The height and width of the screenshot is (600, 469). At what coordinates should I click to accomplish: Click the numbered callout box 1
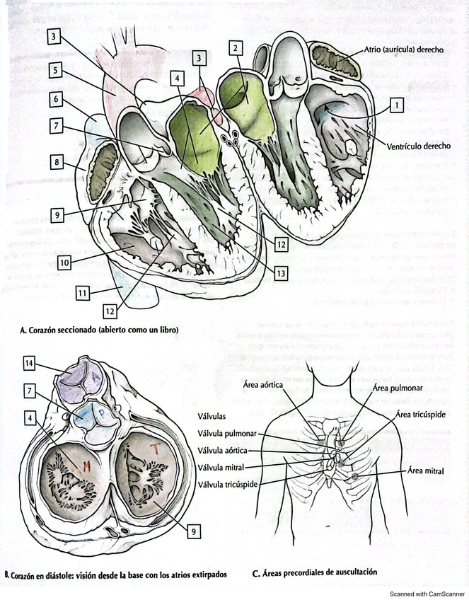(x=397, y=105)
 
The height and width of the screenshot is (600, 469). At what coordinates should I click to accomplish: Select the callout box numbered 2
(x=236, y=48)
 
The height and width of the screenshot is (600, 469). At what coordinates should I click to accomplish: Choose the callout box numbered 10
(x=64, y=262)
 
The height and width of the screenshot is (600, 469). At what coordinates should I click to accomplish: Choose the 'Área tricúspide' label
(x=422, y=414)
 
